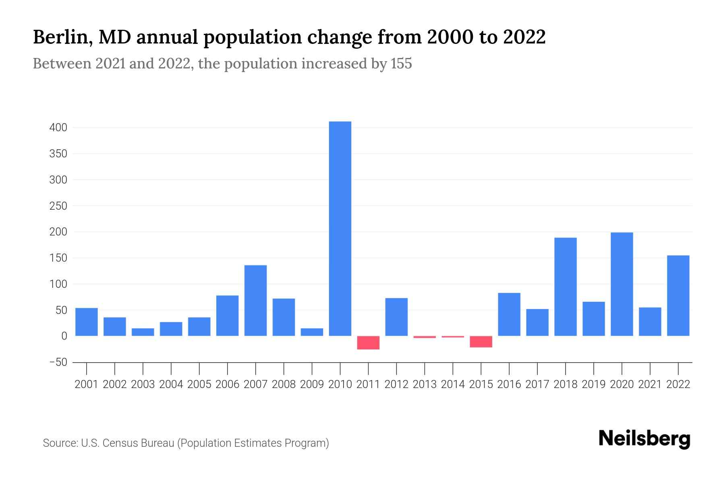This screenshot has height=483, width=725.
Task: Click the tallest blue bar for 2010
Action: pyautogui.click(x=340, y=228)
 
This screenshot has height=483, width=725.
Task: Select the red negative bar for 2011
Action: pyautogui.click(x=368, y=343)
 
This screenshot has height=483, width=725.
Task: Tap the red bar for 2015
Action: pyautogui.click(x=481, y=342)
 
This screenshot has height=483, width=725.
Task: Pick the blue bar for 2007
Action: pyautogui.click(x=255, y=300)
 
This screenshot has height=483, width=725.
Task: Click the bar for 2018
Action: pyautogui.click(x=565, y=287)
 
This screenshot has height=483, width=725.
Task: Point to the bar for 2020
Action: pyautogui.click(x=622, y=284)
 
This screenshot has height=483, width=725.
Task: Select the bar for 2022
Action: pyautogui.click(x=678, y=295)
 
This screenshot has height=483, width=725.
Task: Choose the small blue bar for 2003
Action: pyautogui.click(x=143, y=332)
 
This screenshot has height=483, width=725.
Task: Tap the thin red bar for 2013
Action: pyautogui.click(x=425, y=337)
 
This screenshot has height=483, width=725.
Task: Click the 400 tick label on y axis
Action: pyautogui.click(x=58, y=128)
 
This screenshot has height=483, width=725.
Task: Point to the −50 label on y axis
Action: pyautogui.click(x=58, y=362)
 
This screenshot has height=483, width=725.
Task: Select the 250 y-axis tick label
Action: pyautogui.click(x=58, y=206)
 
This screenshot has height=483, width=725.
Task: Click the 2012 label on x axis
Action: pyautogui.click(x=396, y=384)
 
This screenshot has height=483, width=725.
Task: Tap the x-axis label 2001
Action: pyautogui.click(x=87, y=384)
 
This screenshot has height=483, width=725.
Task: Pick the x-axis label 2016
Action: pyautogui.click(x=509, y=384)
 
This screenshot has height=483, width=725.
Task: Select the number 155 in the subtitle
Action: pyautogui.click(x=401, y=64)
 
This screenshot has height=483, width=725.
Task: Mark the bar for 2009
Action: pyautogui.click(x=312, y=332)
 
